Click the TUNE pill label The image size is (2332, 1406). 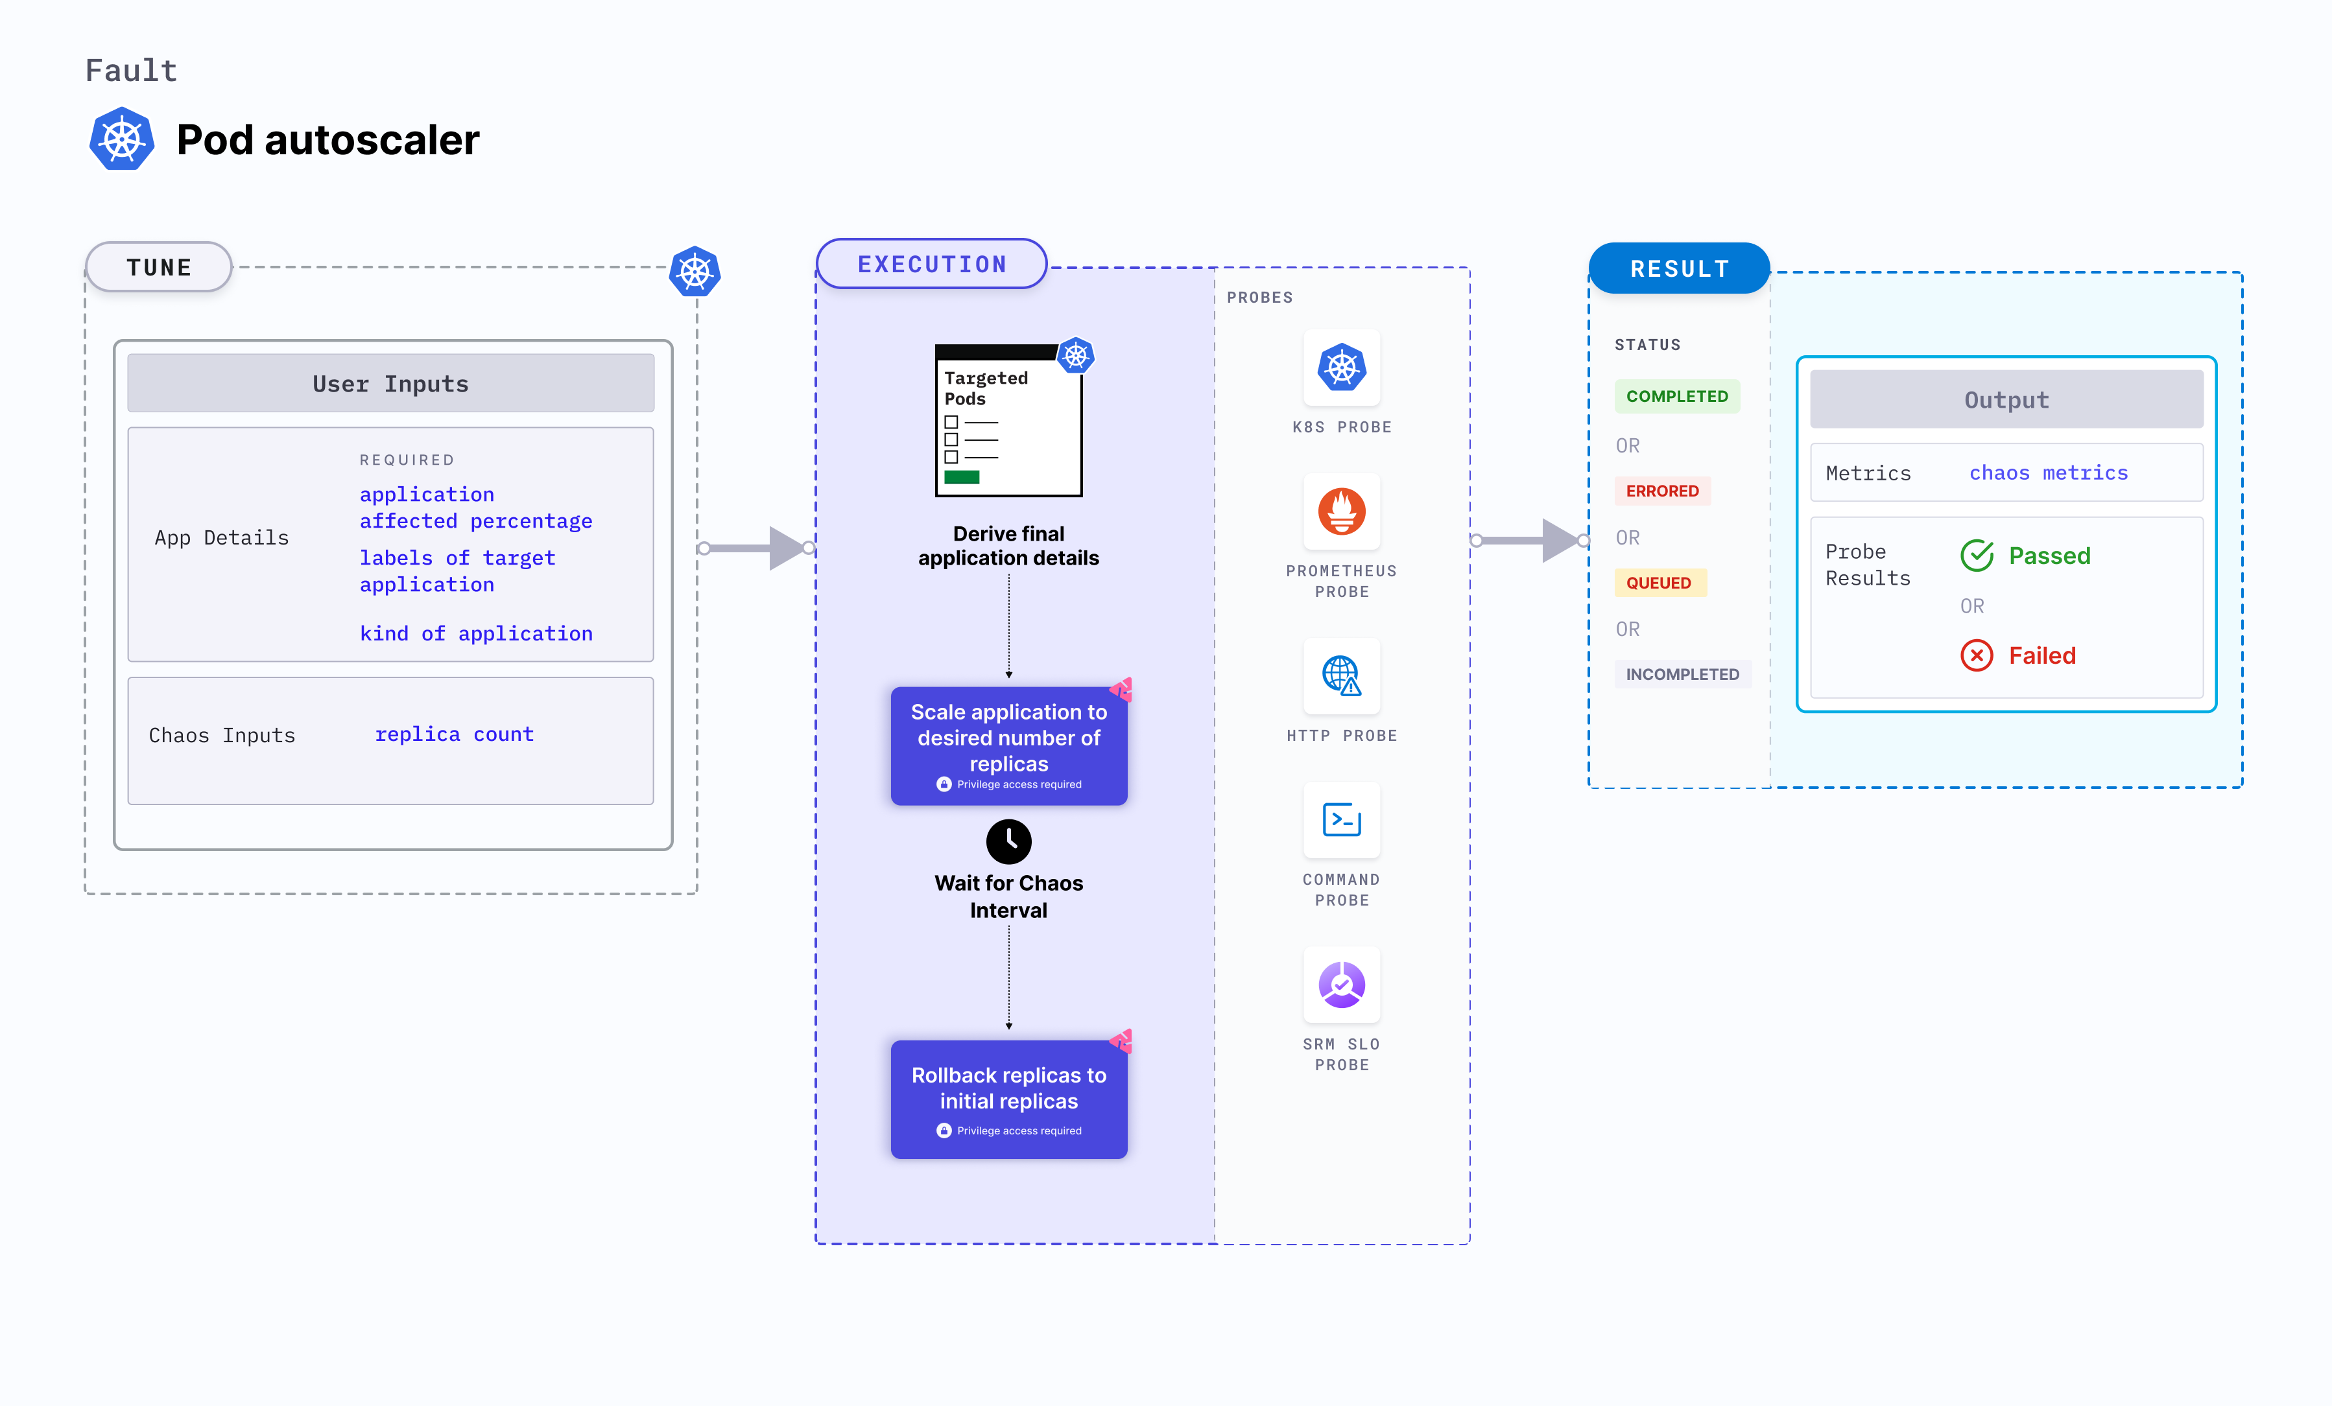(159, 268)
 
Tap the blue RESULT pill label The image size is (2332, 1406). (1679, 270)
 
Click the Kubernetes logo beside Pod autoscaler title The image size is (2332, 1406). (122, 140)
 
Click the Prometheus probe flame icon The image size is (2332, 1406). (1341, 512)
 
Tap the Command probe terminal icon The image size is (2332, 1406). (1341, 819)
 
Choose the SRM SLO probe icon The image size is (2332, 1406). (1341, 984)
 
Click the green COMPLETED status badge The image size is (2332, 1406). (1676, 397)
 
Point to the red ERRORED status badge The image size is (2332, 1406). (1662, 491)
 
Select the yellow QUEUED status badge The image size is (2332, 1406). (1658, 583)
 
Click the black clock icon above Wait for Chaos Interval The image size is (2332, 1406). (1009, 841)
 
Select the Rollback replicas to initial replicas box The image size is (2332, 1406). (1009, 1099)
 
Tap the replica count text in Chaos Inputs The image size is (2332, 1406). (455, 734)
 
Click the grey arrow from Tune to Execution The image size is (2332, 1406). (757, 548)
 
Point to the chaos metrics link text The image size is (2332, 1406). (2048, 473)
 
